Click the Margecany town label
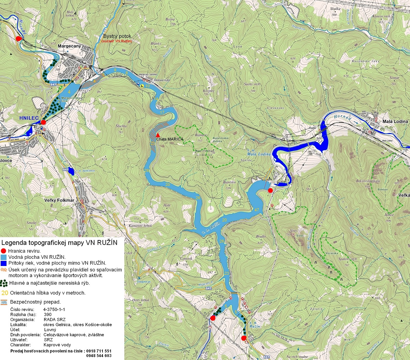point(69,46)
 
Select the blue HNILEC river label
point(28,118)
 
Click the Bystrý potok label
point(117,36)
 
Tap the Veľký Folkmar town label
point(59,200)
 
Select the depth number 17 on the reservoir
point(162,112)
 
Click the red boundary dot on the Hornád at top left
point(19,38)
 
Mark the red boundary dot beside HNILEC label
point(43,122)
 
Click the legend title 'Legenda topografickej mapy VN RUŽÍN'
point(59,242)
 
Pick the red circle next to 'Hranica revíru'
point(4,251)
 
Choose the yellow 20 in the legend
point(5,293)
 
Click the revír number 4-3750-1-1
point(54,309)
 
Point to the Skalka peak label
point(336,9)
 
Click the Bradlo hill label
point(261,237)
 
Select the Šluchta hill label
point(121,126)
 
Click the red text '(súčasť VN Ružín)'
point(117,41)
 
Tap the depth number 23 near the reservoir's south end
point(227,273)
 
